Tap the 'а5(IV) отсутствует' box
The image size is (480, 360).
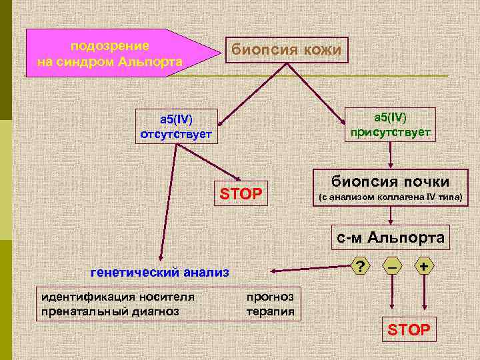[175, 127]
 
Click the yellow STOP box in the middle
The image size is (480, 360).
[241, 194]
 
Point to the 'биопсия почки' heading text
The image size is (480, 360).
[391, 181]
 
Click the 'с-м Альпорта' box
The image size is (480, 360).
[391, 237]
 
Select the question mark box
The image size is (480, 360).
[360, 267]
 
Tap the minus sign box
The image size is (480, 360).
[391, 267]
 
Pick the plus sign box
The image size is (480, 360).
[423, 267]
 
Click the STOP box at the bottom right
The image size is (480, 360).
[409, 329]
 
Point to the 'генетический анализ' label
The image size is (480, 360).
[159, 271]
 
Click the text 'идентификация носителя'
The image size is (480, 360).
[118, 297]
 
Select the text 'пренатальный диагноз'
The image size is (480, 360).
[110, 310]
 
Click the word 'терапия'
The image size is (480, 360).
[270, 311]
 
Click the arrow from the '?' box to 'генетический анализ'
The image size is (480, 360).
[307, 269]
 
